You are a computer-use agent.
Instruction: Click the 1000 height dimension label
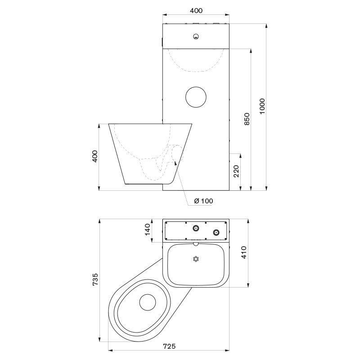(262, 106)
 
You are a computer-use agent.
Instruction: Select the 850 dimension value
(247, 119)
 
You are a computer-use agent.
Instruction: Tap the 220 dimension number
(236, 171)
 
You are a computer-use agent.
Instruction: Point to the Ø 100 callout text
(203, 201)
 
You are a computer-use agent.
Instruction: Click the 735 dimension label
(95, 279)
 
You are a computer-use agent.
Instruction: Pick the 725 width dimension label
(169, 346)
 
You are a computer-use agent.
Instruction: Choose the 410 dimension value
(244, 252)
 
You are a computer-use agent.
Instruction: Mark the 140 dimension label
(148, 229)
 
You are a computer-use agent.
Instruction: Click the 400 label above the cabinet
(196, 10)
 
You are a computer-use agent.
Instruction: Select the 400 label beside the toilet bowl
(95, 156)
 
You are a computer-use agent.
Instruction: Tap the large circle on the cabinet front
(196, 97)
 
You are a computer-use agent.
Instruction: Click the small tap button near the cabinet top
(196, 36)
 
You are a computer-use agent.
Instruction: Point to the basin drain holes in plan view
(196, 259)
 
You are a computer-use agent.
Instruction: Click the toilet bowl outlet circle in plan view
(148, 302)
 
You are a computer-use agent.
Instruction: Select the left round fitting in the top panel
(196, 228)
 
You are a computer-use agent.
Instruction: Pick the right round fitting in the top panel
(216, 232)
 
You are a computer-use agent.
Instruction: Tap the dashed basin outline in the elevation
(196, 71)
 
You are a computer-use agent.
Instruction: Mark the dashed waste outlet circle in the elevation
(177, 152)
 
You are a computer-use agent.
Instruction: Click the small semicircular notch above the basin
(196, 244)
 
